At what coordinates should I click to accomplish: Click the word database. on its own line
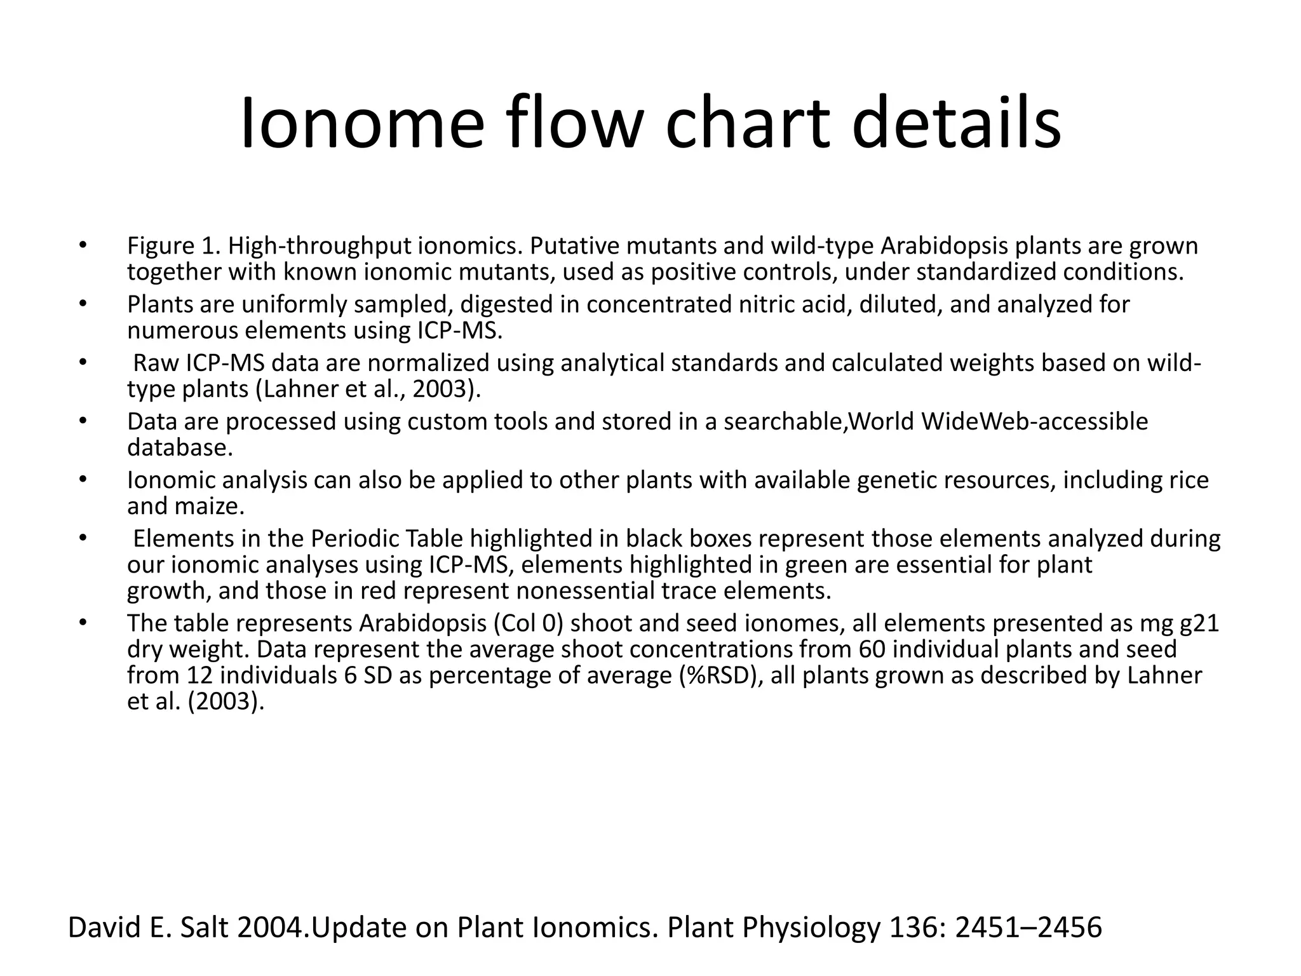pyautogui.click(x=180, y=448)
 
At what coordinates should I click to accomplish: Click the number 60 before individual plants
pyautogui.click(x=872, y=649)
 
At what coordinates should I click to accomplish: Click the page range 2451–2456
pyautogui.click(x=1028, y=928)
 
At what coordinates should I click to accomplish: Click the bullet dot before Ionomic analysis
pyautogui.click(x=82, y=480)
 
